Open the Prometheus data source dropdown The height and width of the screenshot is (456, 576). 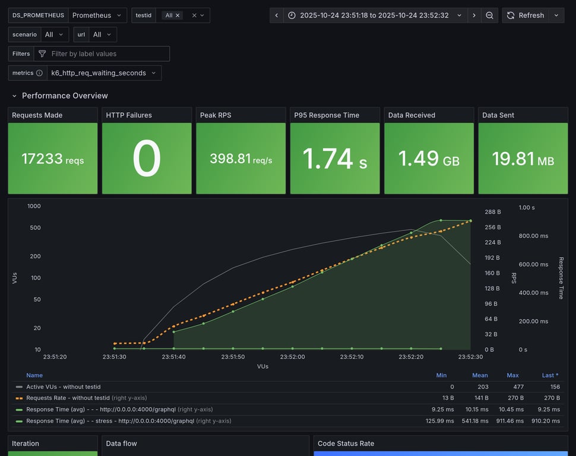[97, 15]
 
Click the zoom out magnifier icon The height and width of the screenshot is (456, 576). [489, 15]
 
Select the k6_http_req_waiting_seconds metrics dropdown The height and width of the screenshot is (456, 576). [103, 73]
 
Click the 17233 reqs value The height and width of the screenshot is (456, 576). [53, 159]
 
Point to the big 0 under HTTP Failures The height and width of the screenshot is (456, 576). [147, 159]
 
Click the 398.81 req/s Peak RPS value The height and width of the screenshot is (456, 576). [240, 159]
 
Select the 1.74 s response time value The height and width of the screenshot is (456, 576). [334, 159]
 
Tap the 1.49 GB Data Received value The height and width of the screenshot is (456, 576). [428, 159]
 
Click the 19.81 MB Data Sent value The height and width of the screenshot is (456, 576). [523, 159]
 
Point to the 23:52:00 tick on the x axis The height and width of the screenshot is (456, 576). [292, 357]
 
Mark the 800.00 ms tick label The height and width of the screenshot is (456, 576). [533, 236]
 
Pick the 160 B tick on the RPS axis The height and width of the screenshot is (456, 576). [492, 274]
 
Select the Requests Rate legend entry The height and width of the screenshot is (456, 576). [68, 398]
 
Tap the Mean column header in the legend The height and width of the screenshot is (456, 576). [480, 375]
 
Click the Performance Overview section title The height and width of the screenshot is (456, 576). [65, 96]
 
